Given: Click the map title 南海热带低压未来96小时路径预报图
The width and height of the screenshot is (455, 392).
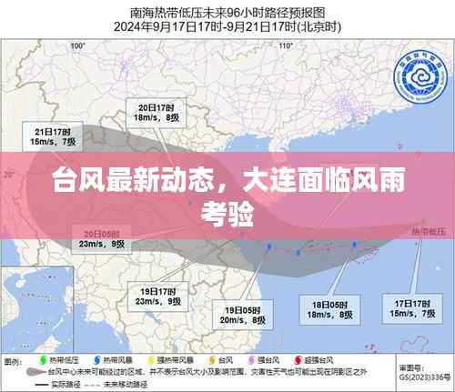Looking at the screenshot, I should pos(227,12).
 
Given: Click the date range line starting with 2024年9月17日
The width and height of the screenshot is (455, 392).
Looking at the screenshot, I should pos(227,26).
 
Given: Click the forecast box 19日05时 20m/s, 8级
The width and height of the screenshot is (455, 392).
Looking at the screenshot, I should pos(245,315).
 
